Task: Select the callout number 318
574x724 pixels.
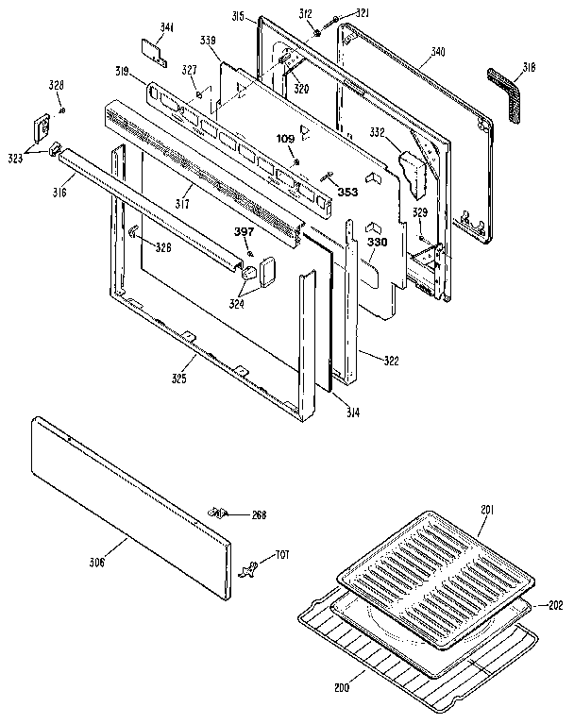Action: pyautogui.click(x=528, y=67)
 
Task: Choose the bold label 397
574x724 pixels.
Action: pyautogui.click(x=245, y=231)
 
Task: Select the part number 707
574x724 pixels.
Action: pyautogui.click(x=280, y=554)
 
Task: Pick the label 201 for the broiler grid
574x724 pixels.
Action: pyautogui.click(x=486, y=511)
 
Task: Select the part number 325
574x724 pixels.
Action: pyautogui.click(x=177, y=379)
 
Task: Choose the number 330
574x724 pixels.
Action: pyautogui.click(x=378, y=243)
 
